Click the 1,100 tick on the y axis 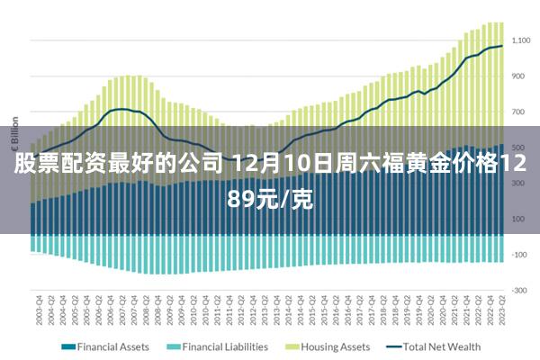[x=521, y=40]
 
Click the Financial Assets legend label [x=113, y=346]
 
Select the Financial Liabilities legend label [x=225, y=346]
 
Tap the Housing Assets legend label [x=335, y=346]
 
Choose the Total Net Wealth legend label [x=442, y=346]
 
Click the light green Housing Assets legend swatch [x=292, y=346]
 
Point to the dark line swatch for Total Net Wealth [x=393, y=346]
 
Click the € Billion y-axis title [x=14, y=135]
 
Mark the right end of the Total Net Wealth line [x=502, y=46]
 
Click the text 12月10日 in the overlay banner [x=272, y=166]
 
